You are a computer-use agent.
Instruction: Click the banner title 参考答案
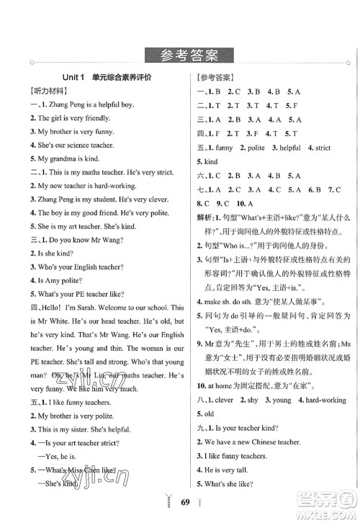pos(180,55)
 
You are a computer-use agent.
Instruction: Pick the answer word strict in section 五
pos(323,148)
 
